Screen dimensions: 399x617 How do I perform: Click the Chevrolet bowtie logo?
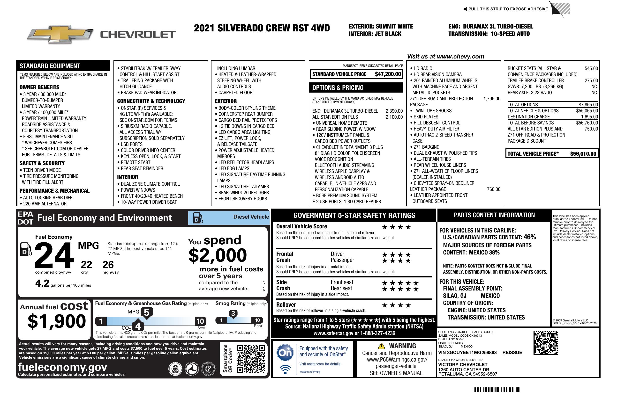(60, 34)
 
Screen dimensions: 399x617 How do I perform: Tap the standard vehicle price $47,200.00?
(388, 74)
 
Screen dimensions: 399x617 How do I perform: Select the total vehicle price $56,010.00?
(583, 154)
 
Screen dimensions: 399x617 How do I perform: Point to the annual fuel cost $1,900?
(57, 321)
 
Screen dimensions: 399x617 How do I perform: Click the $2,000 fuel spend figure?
(218, 255)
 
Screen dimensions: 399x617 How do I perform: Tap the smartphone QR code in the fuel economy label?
(251, 359)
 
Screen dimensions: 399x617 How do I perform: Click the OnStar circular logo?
(285, 352)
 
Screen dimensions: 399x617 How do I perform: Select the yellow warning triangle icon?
(381, 346)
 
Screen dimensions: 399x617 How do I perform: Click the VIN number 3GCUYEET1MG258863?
(467, 352)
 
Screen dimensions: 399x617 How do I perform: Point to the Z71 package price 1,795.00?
(492, 99)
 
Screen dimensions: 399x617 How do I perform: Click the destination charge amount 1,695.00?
(589, 117)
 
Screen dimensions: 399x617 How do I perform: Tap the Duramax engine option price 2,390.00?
(394, 111)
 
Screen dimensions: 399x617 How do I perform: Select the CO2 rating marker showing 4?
(138, 326)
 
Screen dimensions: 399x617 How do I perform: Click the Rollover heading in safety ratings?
(286, 305)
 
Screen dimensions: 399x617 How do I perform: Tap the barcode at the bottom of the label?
(497, 390)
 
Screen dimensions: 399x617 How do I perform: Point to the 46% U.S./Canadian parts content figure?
(529, 237)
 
